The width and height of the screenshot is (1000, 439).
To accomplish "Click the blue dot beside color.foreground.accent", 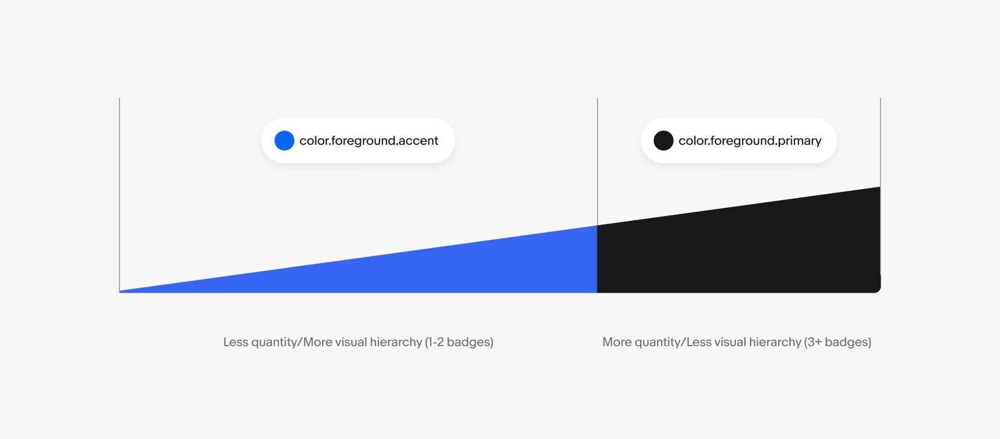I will click(x=284, y=141).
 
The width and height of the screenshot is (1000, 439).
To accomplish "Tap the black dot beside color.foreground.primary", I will click(x=663, y=141).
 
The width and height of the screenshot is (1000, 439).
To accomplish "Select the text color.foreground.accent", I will click(x=369, y=141).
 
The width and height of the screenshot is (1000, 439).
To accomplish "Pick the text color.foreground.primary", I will click(x=750, y=141).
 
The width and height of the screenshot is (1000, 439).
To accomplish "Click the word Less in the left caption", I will click(x=236, y=342).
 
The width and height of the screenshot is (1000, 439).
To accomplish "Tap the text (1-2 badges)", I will click(x=459, y=342).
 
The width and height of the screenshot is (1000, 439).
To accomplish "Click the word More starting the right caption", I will click(x=617, y=342).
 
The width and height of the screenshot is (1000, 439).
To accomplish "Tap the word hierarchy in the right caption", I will click(x=771, y=342).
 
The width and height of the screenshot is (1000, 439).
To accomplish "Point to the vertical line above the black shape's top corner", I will click(x=880, y=141).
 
